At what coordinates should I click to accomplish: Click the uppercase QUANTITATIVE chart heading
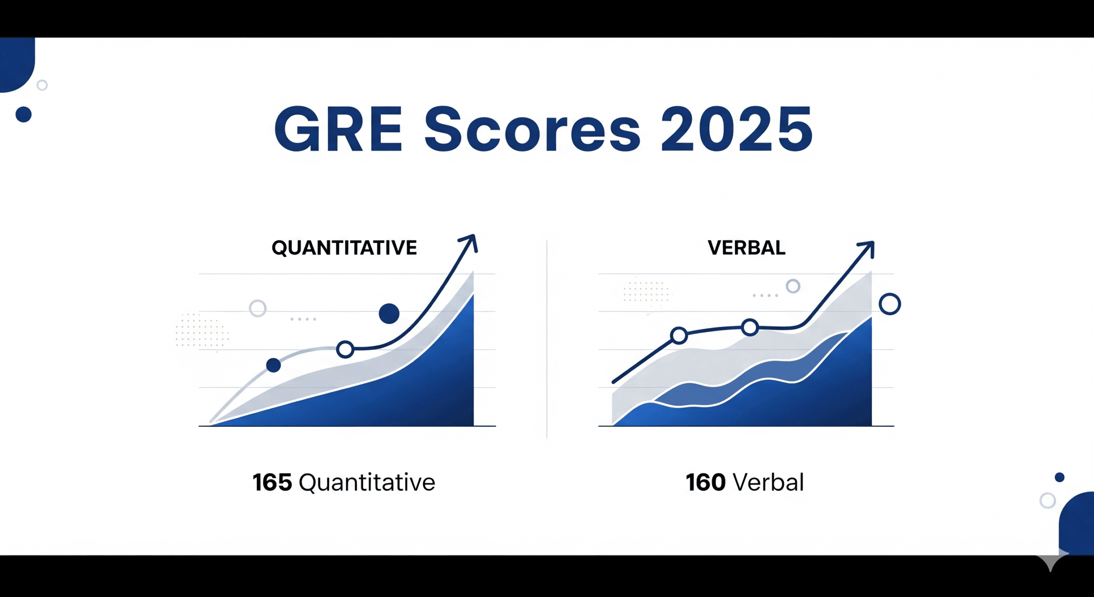pyautogui.click(x=344, y=248)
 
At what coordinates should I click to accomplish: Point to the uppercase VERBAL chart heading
pyautogui.click(x=746, y=248)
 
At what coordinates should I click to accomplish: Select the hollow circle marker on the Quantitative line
pyautogui.click(x=345, y=349)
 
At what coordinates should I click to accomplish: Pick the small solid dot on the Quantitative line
pyautogui.click(x=273, y=365)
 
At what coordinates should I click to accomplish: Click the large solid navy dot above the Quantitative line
pyautogui.click(x=389, y=313)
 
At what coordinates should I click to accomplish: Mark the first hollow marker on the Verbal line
pyautogui.click(x=679, y=336)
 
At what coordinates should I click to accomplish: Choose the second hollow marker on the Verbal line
pyautogui.click(x=750, y=328)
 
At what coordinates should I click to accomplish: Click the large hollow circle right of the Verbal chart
pyautogui.click(x=890, y=304)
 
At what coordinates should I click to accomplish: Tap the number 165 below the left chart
pyautogui.click(x=272, y=482)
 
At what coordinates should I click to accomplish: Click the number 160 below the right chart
pyautogui.click(x=705, y=482)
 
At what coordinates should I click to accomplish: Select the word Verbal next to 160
pyautogui.click(x=768, y=482)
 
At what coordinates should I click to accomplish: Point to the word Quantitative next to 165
pyautogui.click(x=367, y=482)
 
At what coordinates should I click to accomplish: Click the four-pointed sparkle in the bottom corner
pyautogui.click(x=1050, y=562)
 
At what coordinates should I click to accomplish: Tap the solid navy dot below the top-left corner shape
pyautogui.click(x=24, y=115)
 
